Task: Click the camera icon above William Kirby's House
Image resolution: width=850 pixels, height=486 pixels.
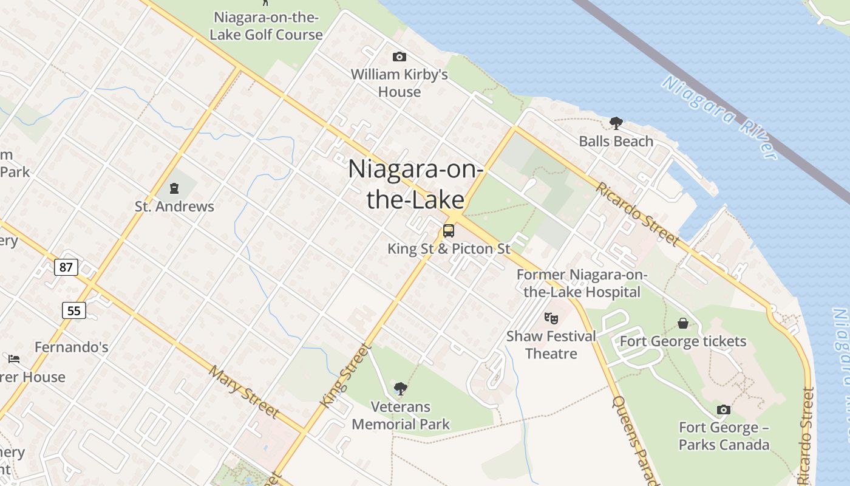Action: [399, 56]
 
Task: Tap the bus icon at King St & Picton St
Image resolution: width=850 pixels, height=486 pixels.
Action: [449, 231]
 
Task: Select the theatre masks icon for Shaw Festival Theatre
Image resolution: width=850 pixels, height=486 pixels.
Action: [551, 318]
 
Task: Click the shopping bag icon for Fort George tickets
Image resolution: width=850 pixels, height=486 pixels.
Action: [683, 323]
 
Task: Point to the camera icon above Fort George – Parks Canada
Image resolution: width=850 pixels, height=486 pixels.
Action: [723, 409]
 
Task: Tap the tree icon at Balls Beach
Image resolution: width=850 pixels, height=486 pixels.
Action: [616, 123]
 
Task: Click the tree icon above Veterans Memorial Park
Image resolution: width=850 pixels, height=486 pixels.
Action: [400, 388]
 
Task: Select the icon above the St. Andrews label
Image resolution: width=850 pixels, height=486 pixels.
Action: [174, 188]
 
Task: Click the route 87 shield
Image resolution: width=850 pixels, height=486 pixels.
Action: [66, 267]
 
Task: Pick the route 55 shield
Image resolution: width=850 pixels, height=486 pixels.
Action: [73, 310]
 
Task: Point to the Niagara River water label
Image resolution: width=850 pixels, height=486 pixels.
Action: [719, 118]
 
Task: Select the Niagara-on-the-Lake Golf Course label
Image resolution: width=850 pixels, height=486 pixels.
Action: [266, 26]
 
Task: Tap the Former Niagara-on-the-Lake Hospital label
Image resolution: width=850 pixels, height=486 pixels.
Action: [582, 283]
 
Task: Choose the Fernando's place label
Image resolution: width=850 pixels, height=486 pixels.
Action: [72, 347]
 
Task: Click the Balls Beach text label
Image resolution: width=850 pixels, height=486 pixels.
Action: [616, 141]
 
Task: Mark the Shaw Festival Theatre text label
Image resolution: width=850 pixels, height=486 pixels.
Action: [551, 344]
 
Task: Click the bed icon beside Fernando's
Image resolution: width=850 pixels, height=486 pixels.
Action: [14, 358]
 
